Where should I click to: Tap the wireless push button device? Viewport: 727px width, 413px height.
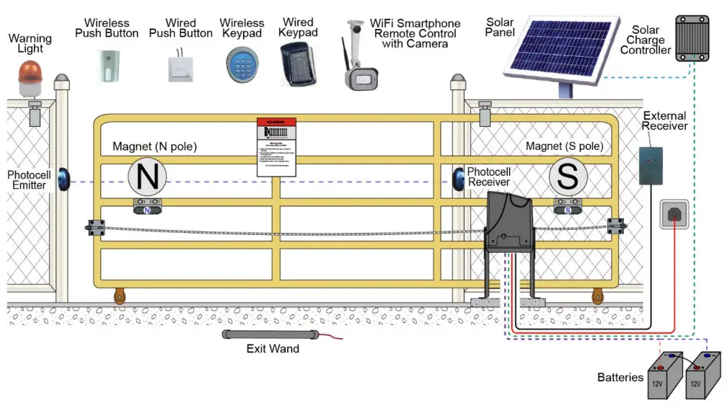tap(107, 65)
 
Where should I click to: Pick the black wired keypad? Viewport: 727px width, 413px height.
tap(296, 64)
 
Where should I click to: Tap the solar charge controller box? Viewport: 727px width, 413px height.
tap(692, 37)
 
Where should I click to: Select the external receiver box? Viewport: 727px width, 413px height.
tap(651, 166)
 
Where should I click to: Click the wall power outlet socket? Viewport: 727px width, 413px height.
tap(675, 216)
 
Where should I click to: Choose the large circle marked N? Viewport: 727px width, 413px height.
tap(147, 177)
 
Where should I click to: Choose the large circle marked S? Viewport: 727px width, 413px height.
tap(568, 177)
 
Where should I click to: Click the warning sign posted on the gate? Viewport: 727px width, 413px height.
tap(277, 147)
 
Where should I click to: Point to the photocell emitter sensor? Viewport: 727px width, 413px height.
tap(66, 178)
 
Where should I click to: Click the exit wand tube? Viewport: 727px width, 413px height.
tap(270, 335)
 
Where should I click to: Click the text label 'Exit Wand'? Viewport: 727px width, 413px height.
tap(272, 350)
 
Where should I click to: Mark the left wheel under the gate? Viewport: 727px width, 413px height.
tap(118, 296)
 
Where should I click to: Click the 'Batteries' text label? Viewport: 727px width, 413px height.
tap(620, 377)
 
